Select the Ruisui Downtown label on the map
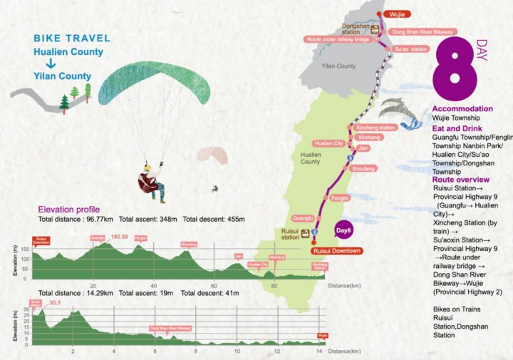click(x=336, y=251)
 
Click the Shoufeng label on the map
click(x=363, y=169)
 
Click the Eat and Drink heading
click(x=455, y=128)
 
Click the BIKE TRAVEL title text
click(x=71, y=38)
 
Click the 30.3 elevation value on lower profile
click(x=54, y=302)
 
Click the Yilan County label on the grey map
click(x=338, y=66)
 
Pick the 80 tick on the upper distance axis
click(x=274, y=285)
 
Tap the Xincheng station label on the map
click(x=376, y=128)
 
